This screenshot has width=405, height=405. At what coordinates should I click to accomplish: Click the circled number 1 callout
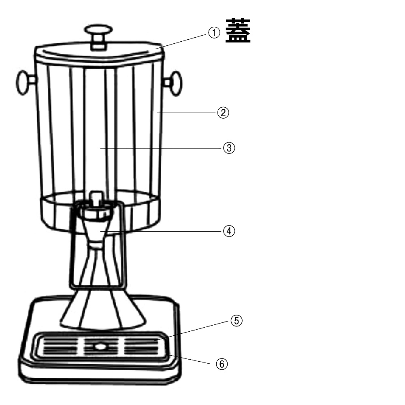[x=214, y=33]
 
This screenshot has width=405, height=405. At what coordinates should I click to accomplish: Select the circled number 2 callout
[x=223, y=113]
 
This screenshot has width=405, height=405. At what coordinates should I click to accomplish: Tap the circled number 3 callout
[x=229, y=148]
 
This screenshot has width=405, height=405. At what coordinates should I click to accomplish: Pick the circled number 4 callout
[x=229, y=231]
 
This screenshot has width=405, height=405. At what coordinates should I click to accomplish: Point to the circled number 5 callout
[x=237, y=321]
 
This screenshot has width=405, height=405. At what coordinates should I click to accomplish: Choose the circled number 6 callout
[x=222, y=364]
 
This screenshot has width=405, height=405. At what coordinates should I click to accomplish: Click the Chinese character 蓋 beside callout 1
[x=238, y=30]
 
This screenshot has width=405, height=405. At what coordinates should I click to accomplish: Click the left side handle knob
[x=25, y=82]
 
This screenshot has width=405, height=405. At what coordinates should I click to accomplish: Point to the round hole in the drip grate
[x=100, y=346]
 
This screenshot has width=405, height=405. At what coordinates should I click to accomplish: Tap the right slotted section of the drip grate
[x=141, y=346]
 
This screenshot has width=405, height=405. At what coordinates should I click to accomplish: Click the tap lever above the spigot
[x=96, y=198]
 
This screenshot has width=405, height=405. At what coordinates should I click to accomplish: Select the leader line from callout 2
[x=186, y=113]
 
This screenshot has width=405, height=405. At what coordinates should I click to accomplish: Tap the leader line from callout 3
[x=161, y=148]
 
